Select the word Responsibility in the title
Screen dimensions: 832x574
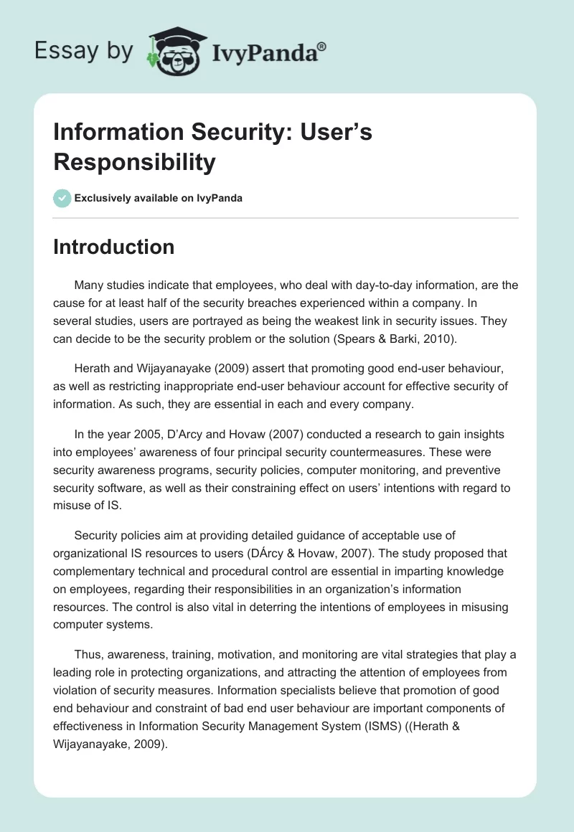[x=134, y=162]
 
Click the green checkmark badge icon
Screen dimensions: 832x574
[x=62, y=198]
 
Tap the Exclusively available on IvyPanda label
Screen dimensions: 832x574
[x=159, y=199]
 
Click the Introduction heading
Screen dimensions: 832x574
[x=113, y=247]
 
